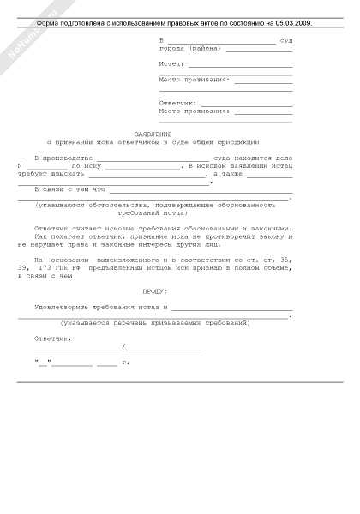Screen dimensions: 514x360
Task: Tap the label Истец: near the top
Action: click(171, 64)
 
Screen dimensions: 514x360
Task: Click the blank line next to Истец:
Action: click(240, 65)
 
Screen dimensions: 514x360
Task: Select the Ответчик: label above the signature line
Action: click(53, 338)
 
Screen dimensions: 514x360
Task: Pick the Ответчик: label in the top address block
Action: click(178, 102)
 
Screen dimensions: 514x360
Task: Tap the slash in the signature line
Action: click(124, 348)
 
